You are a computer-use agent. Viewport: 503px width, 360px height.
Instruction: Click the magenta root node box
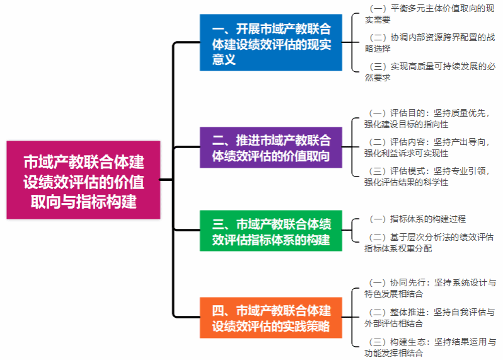click(x=83, y=180)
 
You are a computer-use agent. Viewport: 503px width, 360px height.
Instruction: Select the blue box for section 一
click(x=271, y=43)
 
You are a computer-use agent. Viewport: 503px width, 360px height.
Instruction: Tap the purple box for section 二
click(x=271, y=147)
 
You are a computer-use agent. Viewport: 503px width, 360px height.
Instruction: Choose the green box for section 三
click(x=271, y=231)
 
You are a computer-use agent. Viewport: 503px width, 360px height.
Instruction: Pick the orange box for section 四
click(x=271, y=318)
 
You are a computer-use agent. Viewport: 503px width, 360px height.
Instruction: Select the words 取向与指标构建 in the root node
click(x=83, y=201)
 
